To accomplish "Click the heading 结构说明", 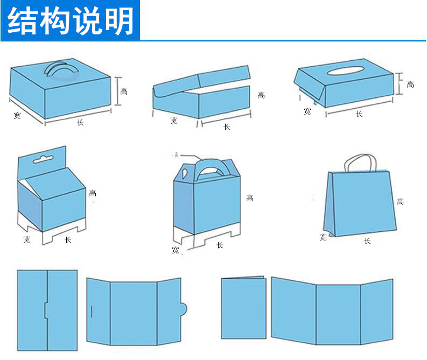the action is click(x=71, y=20).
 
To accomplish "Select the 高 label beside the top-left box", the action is click(x=124, y=91).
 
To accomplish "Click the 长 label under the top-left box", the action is click(x=80, y=123).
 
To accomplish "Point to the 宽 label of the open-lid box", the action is click(x=173, y=121).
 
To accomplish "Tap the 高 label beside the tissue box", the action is click(x=410, y=84).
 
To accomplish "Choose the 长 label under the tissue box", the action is click(x=359, y=114).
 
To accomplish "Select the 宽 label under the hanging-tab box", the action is click(x=26, y=239).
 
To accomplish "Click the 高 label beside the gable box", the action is click(x=250, y=198).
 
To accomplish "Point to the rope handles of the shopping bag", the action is click(x=360, y=161).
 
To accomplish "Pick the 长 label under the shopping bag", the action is click(x=367, y=241).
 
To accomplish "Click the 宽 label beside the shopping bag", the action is click(x=323, y=237).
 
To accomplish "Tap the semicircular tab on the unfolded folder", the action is click(x=183, y=309).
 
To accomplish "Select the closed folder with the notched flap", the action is click(x=47, y=307).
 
